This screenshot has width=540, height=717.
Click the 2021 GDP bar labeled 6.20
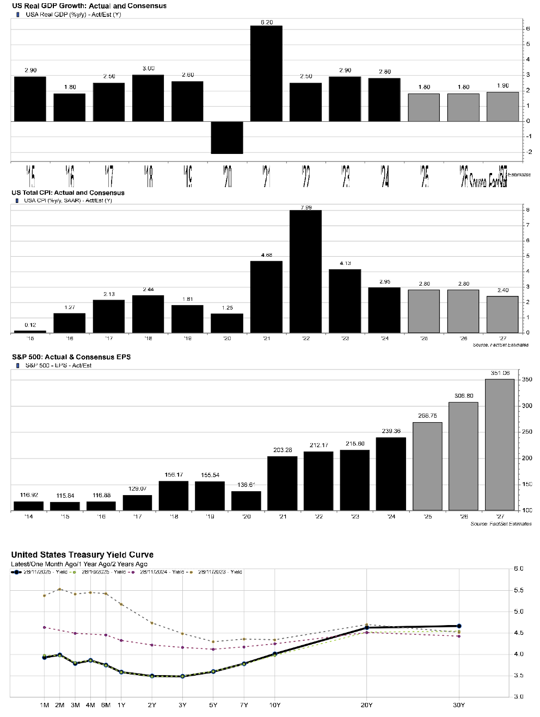(x=266, y=73)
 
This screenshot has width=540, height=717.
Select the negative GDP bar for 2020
(x=227, y=137)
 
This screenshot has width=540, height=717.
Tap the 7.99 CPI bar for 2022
(x=305, y=271)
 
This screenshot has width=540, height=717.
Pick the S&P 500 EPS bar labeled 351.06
(x=499, y=444)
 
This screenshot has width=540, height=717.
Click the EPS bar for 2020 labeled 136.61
(x=246, y=500)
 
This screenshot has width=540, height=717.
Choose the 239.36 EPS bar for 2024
(x=391, y=474)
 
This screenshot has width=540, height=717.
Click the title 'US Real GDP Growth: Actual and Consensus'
(x=89, y=5)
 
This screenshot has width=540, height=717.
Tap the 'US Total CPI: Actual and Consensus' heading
(x=68, y=193)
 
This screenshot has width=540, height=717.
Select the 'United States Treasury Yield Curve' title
(x=82, y=555)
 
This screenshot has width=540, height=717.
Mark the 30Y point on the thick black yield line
(x=459, y=626)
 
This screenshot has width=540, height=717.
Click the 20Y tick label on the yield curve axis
(x=366, y=705)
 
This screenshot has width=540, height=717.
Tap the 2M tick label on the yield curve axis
(x=59, y=705)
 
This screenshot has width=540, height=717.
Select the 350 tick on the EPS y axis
(x=527, y=379)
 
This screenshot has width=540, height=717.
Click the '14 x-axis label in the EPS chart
(x=28, y=516)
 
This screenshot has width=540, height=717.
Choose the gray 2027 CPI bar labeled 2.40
(x=502, y=314)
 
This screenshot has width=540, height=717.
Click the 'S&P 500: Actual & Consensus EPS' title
(x=71, y=357)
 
